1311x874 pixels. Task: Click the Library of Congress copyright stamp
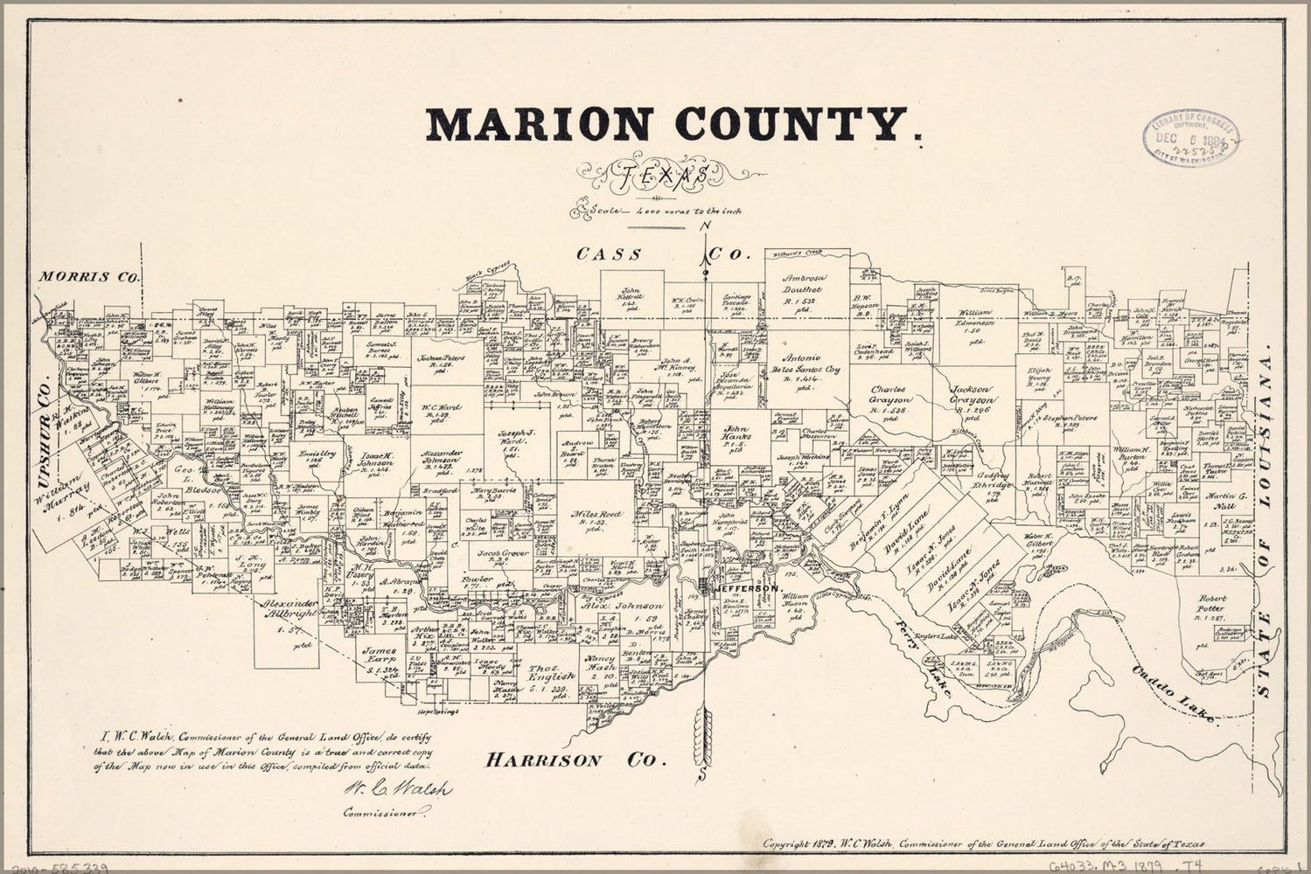[1190, 139]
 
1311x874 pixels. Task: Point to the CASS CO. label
[663, 255]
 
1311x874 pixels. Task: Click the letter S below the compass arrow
[703, 774]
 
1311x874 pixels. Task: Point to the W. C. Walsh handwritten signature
[388, 788]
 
